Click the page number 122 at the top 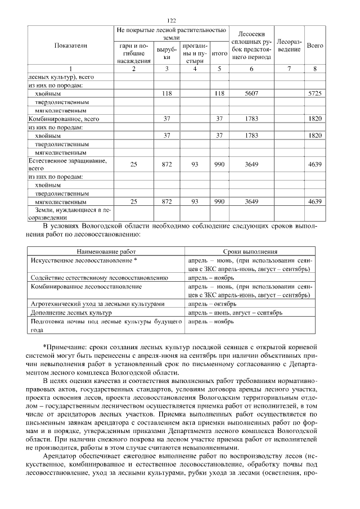tap(179, 20)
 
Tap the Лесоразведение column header tap(290, 45)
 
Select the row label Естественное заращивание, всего tap(62, 164)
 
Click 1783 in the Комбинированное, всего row tap(251, 119)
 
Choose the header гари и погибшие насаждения tap(134, 52)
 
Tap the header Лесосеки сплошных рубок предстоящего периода tap(251, 45)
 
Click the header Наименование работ tap(106, 253)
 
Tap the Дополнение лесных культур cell tap(70, 312)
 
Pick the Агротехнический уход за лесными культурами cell tap(97, 303)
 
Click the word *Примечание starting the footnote tap(62, 346)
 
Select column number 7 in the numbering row tap(289, 69)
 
